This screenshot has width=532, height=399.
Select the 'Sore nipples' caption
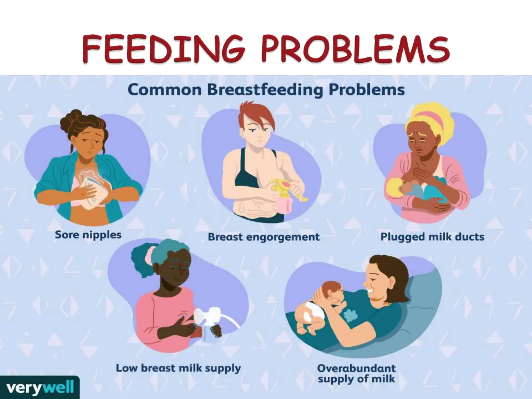(88, 235)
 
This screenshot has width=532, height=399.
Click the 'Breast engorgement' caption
(264, 237)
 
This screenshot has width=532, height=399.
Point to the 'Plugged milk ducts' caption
(432, 237)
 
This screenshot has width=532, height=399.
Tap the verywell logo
(39, 388)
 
